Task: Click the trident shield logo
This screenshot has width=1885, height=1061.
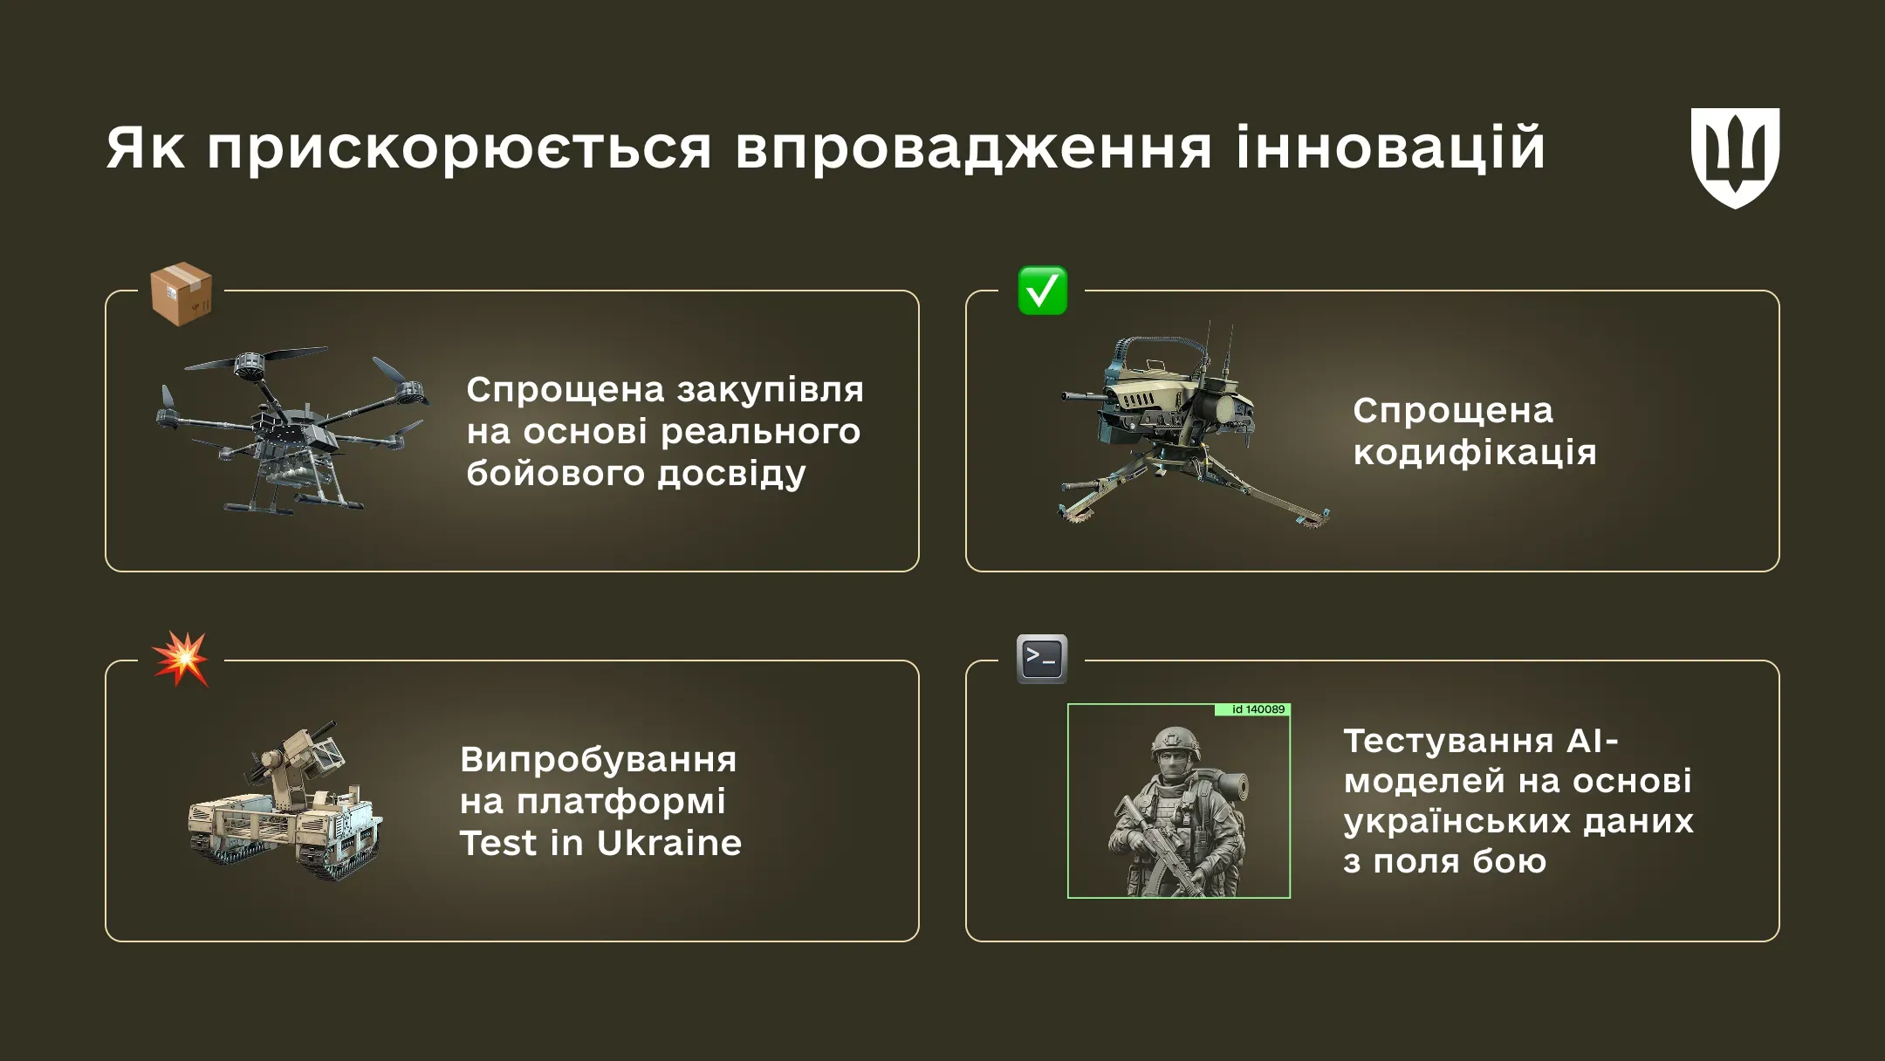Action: (x=1735, y=157)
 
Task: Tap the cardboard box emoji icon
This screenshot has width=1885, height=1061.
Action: (x=181, y=294)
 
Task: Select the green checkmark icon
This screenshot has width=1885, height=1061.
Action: (x=1042, y=291)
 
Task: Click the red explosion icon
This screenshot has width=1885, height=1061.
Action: (x=181, y=659)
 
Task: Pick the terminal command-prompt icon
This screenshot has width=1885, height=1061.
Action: (x=1042, y=659)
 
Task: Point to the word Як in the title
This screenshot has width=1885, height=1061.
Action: (x=145, y=148)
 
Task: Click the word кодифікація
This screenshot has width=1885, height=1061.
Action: (x=1474, y=454)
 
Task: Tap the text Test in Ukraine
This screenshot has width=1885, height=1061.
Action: (x=600, y=843)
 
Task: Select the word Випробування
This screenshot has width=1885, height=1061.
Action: (x=598, y=759)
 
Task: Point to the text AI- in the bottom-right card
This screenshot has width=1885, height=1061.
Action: (x=1593, y=741)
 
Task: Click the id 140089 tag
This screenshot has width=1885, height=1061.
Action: (x=1252, y=709)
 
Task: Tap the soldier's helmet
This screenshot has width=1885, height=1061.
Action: (x=1175, y=743)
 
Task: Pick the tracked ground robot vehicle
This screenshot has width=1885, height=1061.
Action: (x=284, y=811)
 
